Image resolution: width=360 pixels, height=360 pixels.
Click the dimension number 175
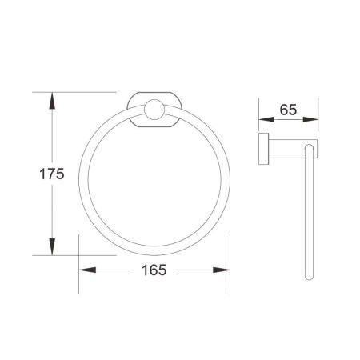26,173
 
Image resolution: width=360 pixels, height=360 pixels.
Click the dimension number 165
149,270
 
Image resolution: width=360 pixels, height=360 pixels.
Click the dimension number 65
289,110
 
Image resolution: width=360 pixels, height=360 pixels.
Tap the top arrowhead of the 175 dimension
52,99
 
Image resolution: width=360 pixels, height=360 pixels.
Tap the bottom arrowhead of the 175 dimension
52,247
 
